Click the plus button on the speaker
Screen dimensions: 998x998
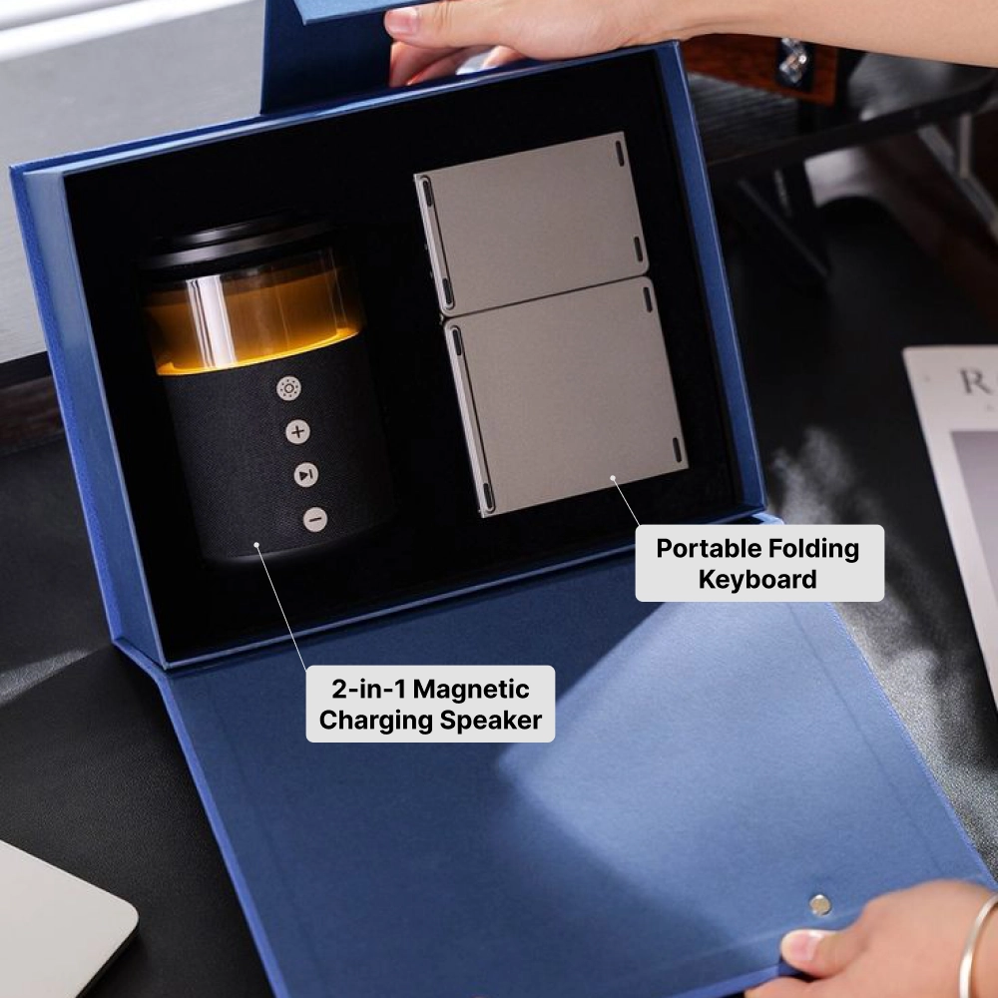(297, 432)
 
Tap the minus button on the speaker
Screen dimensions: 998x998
(315, 519)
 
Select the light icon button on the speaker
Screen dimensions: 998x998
(288, 388)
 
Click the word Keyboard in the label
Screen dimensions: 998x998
(757, 579)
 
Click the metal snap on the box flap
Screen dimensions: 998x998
(820, 904)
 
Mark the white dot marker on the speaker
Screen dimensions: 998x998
(256, 545)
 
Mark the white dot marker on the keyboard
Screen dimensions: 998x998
(613, 478)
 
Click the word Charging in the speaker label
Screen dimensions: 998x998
(380, 720)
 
